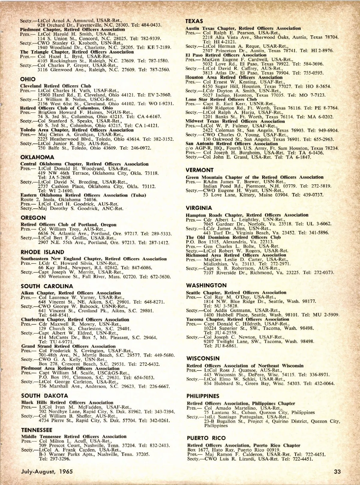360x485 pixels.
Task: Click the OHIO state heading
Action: tap(28, 79)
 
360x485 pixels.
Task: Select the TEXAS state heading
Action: tap(194, 21)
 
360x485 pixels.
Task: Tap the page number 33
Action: tap(337, 472)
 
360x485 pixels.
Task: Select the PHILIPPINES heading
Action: tap(203, 396)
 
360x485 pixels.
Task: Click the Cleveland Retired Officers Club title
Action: tap(55, 86)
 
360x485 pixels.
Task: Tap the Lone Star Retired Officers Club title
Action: tap(221, 99)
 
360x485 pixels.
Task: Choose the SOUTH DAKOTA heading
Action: tap(44, 396)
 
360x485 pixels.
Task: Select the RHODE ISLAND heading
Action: tap(42, 252)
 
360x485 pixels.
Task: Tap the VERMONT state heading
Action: tap(199, 170)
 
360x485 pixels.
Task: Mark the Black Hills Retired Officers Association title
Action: tap(67, 403)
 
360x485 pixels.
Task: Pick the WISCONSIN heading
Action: tap(203, 358)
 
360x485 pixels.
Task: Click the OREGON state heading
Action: tap(33, 218)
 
